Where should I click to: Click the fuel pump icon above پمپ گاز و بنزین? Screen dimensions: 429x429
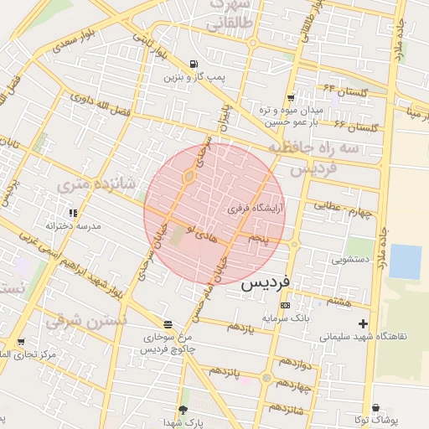coord(194,64)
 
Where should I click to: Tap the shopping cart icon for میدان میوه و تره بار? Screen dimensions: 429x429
coord(291,98)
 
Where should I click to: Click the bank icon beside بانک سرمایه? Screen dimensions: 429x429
coord(285,306)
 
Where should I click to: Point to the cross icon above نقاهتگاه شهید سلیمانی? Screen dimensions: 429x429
coord(362,323)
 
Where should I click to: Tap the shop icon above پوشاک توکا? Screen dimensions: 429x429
coord(375,407)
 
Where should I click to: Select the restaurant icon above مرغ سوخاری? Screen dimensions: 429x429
coord(168,323)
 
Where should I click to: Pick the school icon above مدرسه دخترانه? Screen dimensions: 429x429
coord(74,214)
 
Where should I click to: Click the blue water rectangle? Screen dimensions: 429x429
coord(406,261)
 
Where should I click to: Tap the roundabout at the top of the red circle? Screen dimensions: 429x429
coord(189,176)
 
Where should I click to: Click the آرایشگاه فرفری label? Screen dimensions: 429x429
coord(258,206)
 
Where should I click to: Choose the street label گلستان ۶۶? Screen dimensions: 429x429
coord(356,127)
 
